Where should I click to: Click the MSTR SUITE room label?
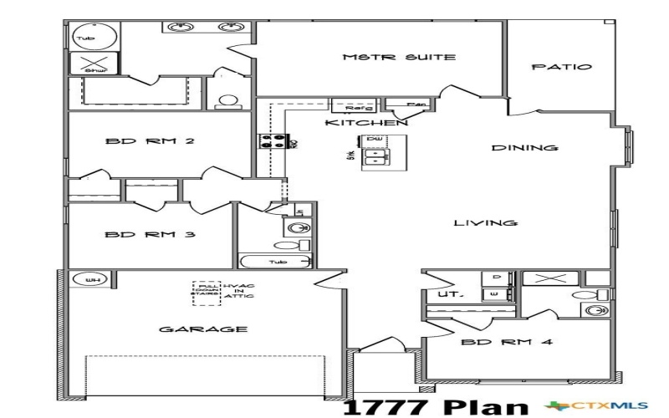399,58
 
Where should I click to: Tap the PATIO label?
562,68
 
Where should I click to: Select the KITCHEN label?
365,123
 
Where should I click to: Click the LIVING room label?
485,223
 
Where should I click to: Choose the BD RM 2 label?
150,141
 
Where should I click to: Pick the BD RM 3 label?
150,236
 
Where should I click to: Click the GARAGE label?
203,329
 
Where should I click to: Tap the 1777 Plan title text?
437,406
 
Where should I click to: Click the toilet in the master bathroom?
227,102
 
